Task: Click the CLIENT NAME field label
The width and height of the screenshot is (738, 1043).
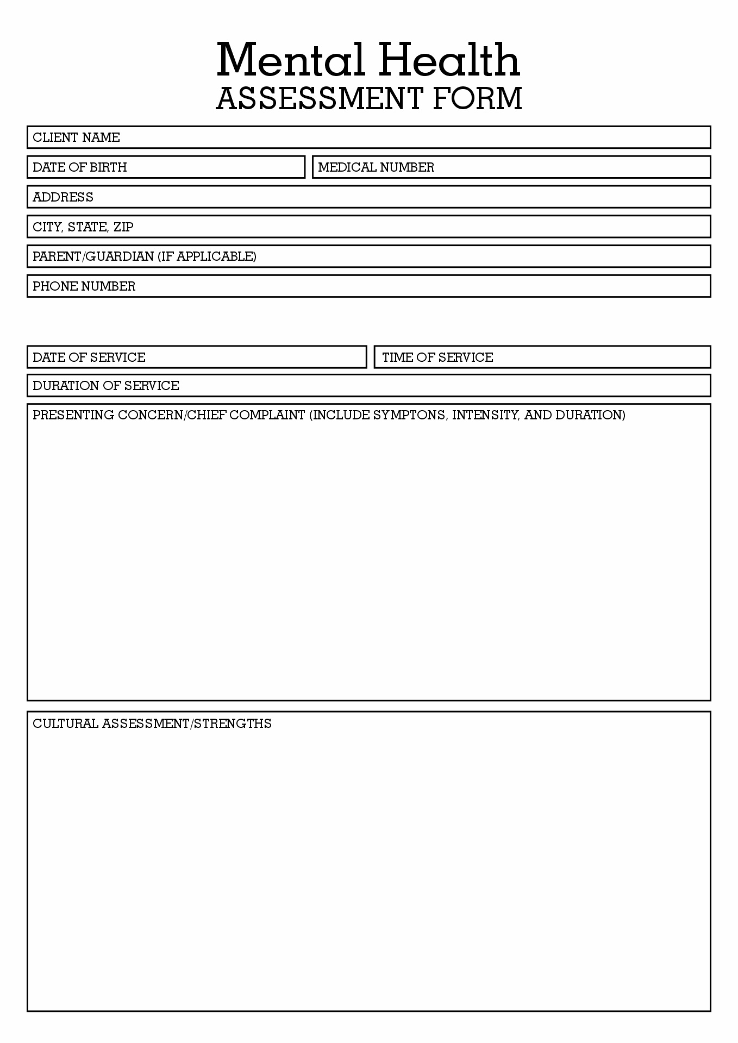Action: tap(76, 137)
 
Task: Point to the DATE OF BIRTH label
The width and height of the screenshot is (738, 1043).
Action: tap(79, 167)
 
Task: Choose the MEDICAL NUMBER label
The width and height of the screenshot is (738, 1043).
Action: tap(376, 167)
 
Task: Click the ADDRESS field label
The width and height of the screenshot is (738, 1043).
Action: tap(63, 197)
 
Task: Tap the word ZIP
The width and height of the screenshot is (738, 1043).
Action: tap(123, 227)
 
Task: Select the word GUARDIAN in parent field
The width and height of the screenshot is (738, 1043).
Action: tap(120, 256)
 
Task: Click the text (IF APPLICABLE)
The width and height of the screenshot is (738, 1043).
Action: tap(207, 256)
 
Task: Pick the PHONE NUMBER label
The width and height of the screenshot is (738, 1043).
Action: tap(84, 286)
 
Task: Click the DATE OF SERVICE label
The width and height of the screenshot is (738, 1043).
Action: tap(89, 357)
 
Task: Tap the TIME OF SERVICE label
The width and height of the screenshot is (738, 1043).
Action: tap(437, 357)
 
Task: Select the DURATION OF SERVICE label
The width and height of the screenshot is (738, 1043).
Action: tap(106, 386)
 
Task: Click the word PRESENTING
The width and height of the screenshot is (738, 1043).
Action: tap(73, 415)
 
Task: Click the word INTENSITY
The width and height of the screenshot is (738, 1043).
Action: tap(485, 415)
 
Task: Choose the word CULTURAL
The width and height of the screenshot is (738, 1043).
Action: tap(65, 724)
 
